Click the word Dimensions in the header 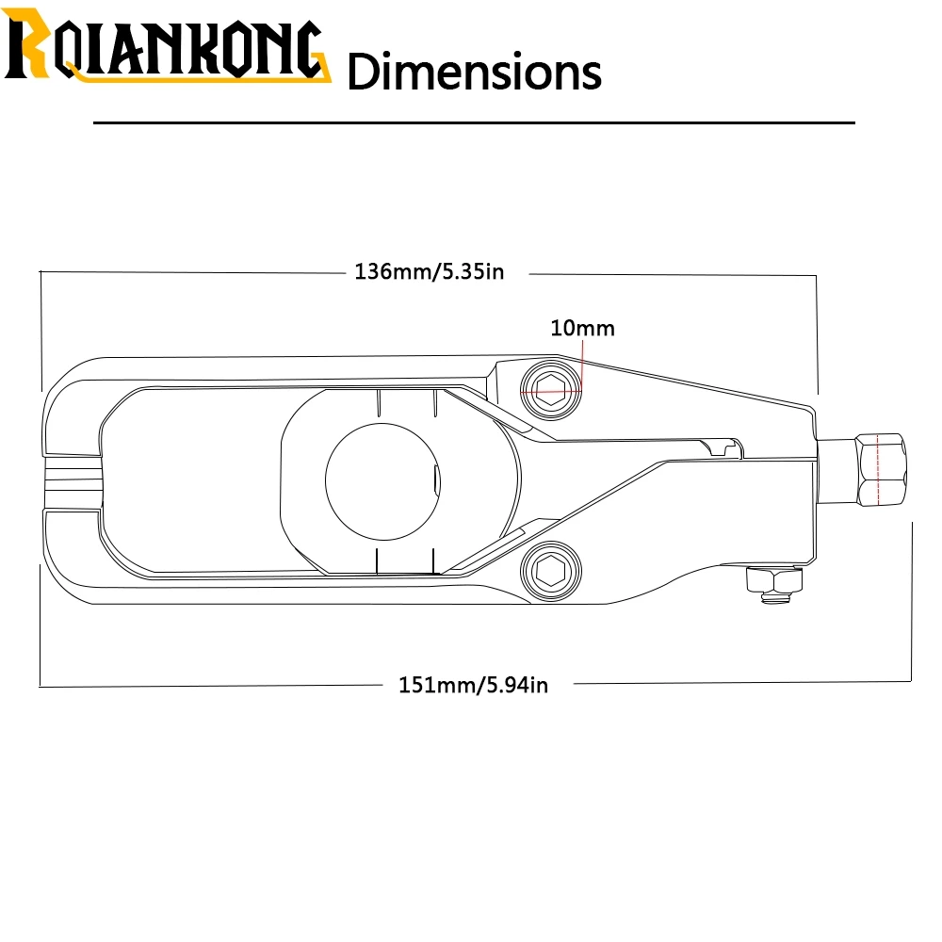(475, 72)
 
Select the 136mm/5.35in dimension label (429, 271)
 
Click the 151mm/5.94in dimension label (474, 685)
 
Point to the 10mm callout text (582, 328)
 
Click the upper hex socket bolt (551, 391)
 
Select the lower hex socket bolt (551, 571)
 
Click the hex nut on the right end (880, 470)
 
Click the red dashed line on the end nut (878, 470)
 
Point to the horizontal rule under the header (474, 122)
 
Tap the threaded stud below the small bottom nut (775, 598)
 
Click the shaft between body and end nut (836, 472)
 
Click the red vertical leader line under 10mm (582, 365)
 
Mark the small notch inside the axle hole (436, 480)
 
